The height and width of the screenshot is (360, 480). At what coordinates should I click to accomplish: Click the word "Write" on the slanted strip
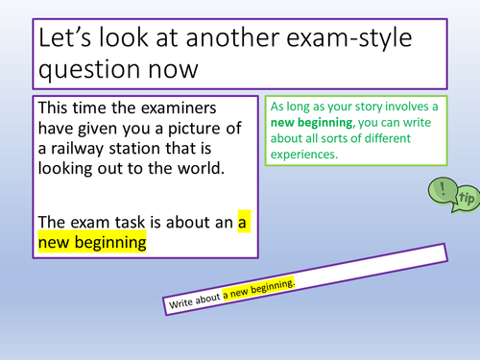tap(184, 302)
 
